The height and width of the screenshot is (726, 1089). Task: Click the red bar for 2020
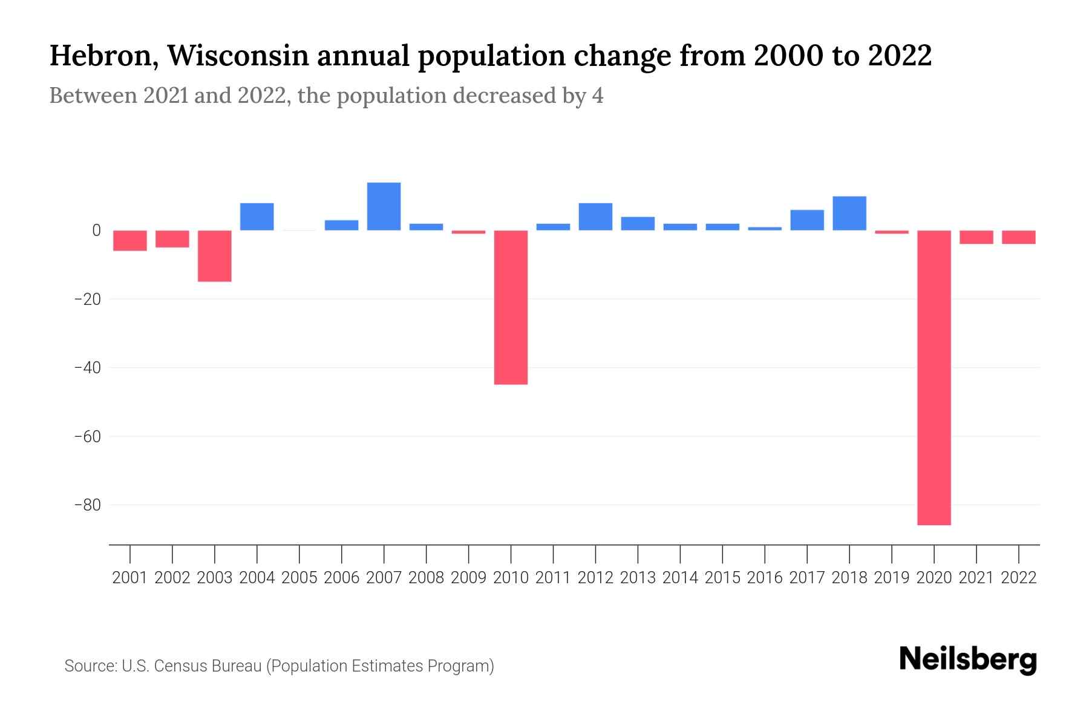click(x=934, y=378)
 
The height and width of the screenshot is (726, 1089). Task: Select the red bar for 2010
click(x=511, y=307)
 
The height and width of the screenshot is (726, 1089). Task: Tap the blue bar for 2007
click(x=384, y=206)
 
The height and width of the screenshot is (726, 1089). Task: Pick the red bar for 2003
click(x=215, y=256)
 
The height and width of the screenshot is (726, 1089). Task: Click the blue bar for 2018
click(x=849, y=214)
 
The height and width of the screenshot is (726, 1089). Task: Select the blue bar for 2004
click(x=257, y=217)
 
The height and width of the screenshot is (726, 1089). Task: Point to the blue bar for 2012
click(x=595, y=217)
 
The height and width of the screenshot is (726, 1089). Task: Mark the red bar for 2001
click(x=130, y=240)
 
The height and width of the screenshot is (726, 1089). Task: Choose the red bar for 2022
click(x=1018, y=237)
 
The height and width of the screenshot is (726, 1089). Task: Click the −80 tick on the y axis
click(x=87, y=505)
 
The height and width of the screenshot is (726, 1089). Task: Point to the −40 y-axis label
click(x=87, y=367)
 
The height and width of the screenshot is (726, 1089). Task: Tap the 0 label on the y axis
click(x=96, y=231)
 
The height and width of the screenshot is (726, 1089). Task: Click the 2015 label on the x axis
click(x=722, y=578)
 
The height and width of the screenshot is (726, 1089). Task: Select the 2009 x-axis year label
click(x=468, y=578)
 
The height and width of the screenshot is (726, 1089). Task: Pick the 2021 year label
click(x=976, y=578)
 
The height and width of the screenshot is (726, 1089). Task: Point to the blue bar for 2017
click(x=806, y=220)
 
